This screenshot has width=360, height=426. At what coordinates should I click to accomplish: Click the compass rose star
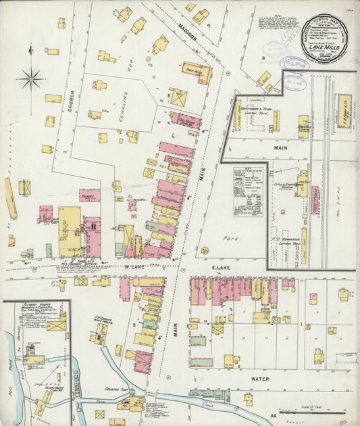30,79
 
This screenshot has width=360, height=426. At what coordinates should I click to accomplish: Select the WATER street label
259,379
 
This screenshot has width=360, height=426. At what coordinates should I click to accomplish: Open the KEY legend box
248,191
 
